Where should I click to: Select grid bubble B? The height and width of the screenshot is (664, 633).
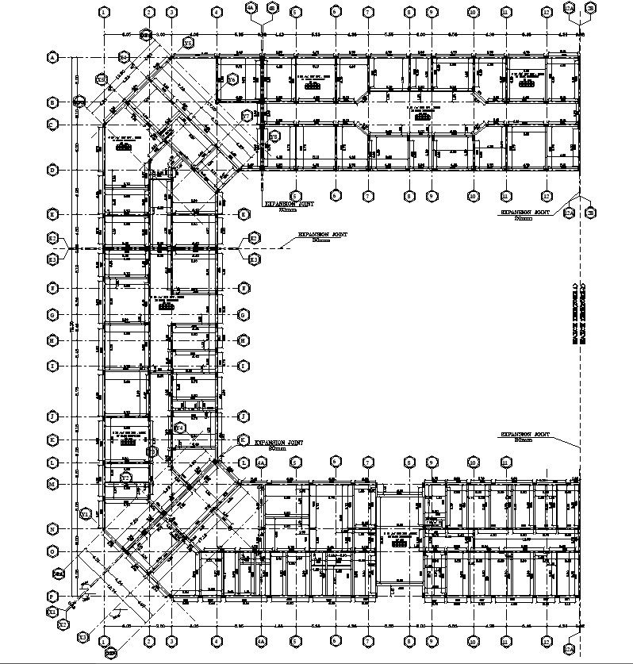(x=53, y=102)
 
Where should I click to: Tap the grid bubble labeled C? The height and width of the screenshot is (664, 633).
(x=53, y=125)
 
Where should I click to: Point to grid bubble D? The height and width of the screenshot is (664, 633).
(x=53, y=170)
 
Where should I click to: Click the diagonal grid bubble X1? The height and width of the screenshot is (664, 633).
(x=52, y=612)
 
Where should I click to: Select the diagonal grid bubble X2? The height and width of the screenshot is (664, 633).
(x=63, y=625)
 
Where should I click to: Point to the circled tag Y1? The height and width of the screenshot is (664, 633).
(x=86, y=514)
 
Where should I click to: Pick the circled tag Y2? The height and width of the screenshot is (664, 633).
(x=125, y=478)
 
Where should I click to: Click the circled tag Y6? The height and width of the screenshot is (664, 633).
(x=232, y=79)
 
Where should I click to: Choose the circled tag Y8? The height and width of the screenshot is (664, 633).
(x=274, y=136)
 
